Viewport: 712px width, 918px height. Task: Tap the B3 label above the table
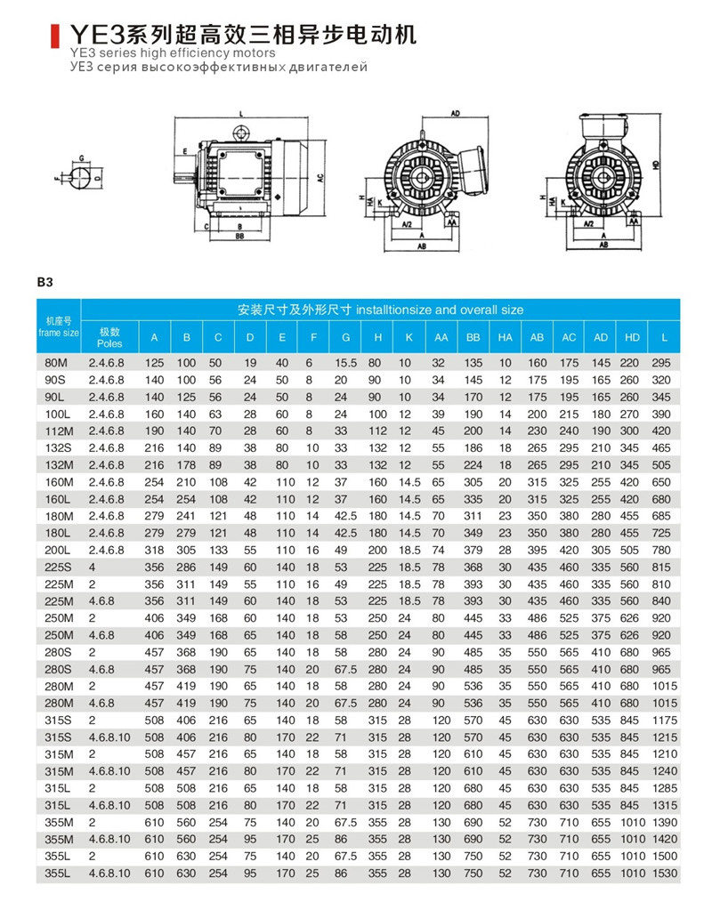(x=46, y=283)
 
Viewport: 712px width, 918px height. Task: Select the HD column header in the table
(x=633, y=337)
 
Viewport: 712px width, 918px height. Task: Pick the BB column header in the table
(x=473, y=337)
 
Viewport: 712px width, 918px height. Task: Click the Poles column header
(x=109, y=337)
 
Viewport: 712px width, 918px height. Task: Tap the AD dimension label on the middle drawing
(x=454, y=115)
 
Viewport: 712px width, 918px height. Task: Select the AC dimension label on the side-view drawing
(x=319, y=178)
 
